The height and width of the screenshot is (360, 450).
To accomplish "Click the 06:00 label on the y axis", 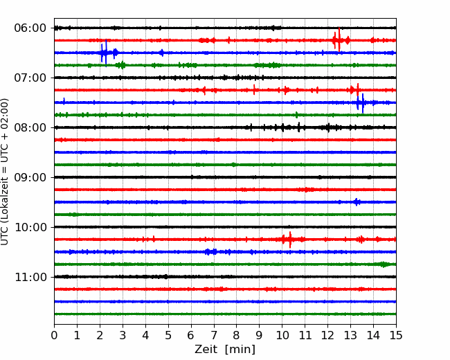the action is tap(30, 28).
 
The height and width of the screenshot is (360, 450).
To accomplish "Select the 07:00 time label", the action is tap(30, 78).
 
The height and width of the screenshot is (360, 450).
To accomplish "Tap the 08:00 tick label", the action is tap(30, 127).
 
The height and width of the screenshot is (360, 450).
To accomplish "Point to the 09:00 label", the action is tap(30, 177).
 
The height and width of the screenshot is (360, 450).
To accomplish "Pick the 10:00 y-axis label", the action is tap(30, 227).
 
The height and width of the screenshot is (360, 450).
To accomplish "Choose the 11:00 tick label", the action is tap(30, 277).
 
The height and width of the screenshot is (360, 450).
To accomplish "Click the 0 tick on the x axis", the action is tap(54, 335).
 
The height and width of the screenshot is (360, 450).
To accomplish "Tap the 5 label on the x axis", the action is tap(168, 335).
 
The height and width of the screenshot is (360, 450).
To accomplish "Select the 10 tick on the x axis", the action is tap(282, 335).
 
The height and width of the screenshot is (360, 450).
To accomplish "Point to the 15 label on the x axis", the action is tap(396, 335).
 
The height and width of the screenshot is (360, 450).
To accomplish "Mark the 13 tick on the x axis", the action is tap(350, 335).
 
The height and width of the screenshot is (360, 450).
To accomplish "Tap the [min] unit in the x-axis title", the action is tap(240, 350).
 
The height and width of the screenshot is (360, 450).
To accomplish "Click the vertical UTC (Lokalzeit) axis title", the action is tap(5, 172).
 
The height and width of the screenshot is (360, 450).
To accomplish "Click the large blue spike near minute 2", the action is tap(104, 53).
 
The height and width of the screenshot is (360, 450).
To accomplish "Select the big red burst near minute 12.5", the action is tap(339, 40).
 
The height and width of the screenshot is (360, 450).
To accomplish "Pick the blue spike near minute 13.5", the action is tap(361, 102).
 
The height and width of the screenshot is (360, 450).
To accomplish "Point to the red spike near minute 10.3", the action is tap(290, 240).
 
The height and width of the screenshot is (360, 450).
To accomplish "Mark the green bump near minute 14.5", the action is tap(384, 264).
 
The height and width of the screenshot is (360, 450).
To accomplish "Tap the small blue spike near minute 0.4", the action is tap(64, 101).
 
